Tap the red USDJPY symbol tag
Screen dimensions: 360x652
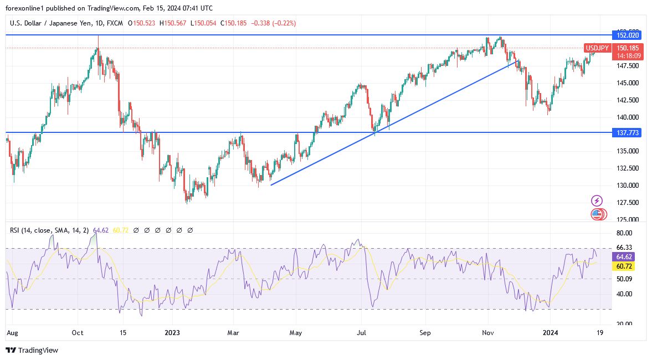point(597,48)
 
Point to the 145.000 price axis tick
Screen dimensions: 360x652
point(627,83)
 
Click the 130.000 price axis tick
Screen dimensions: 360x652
point(627,186)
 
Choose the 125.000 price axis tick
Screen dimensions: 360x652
point(627,219)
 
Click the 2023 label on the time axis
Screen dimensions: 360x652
point(172,333)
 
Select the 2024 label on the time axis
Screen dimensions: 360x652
point(550,333)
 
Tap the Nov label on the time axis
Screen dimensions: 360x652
point(487,333)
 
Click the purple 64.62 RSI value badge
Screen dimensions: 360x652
point(624,257)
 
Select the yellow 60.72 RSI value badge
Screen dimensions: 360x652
point(624,266)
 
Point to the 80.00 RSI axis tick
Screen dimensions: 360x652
point(624,233)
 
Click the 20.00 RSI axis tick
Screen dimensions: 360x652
point(624,324)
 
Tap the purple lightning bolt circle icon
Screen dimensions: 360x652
point(597,200)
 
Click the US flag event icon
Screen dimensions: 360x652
point(597,214)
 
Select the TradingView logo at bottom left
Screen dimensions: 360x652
point(32,350)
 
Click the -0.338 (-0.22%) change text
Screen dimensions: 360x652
point(273,23)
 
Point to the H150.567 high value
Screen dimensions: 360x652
point(173,23)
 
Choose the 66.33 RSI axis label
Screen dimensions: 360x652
point(624,248)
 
